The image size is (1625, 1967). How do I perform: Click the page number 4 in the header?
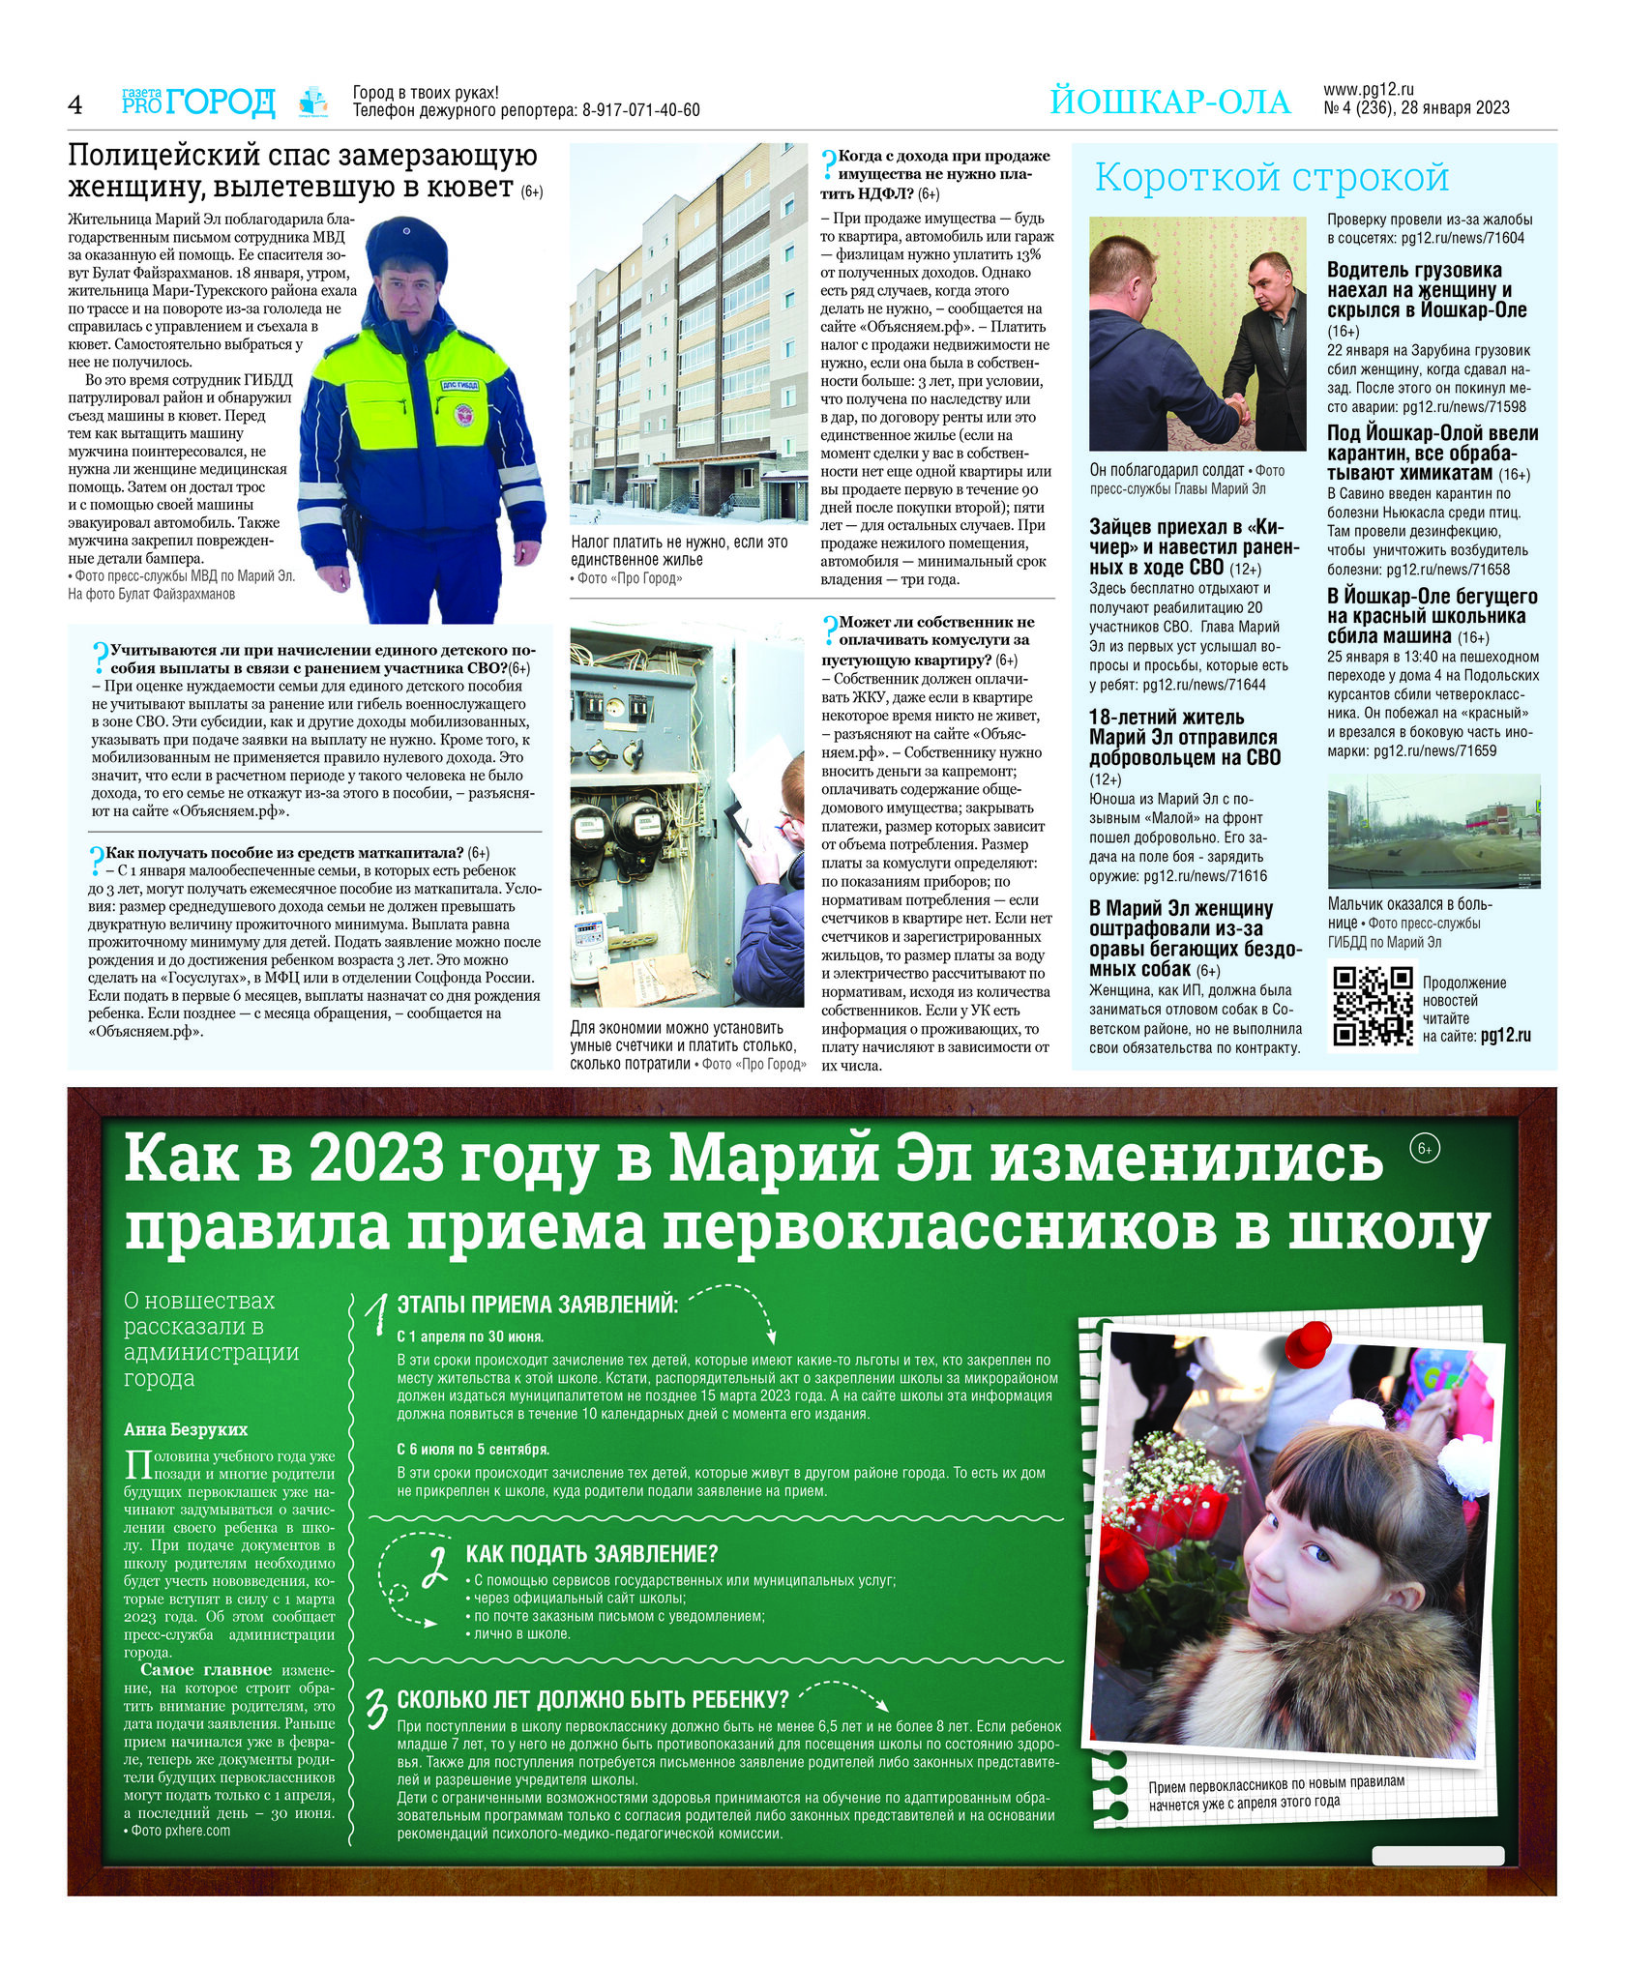pyautogui.click(x=75, y=104)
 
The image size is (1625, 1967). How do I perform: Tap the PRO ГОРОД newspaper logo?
pyautogui.click(x=198, y=102)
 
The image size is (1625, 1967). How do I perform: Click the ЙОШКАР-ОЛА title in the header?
pyautogui.click(x=1169, y=103)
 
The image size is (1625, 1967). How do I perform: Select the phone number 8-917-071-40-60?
pyautogui.click(x=640, y=111)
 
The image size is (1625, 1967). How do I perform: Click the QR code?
pyautogui.click(x=1373, y=1006)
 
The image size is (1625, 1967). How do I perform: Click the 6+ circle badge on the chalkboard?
pyautogui.click(x=1424, y=1149)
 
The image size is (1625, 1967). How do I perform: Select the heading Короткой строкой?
pyautogui.click(x=1271, y=178)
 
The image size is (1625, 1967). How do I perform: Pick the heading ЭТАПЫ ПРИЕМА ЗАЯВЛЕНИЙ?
pyautogui.click(x=538, y=1305)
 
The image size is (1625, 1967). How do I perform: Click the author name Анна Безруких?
pyautogui.click(x=186, y=1429)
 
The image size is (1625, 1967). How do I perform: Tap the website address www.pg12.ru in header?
pyautogui.click(x=1369, y=90)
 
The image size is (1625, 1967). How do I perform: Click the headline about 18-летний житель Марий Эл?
pyautogui.click(x=1184, y=737)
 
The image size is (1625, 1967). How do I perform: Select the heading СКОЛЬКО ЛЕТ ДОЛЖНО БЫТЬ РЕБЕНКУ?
pyautogui.click(x=592, y=1699)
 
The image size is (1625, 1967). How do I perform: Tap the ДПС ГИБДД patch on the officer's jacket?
pyautogui.click(x=461, y=386)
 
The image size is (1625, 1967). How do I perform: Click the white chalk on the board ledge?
pyautogui.click(x=1437, y=1855)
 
